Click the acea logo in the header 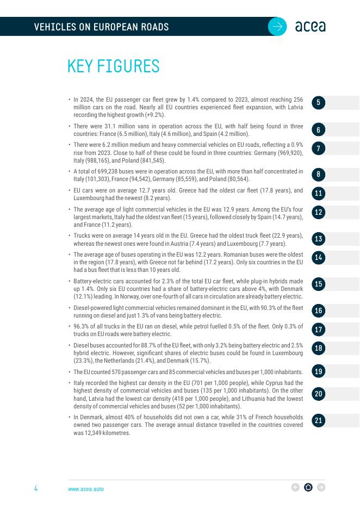click(310, 27)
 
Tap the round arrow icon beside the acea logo click(277, 27)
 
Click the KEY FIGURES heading click(113, 66)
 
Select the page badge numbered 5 click(319, 102)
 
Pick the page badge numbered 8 click(319, 175)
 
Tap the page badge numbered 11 click(319, 194)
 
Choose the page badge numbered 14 click(319, 258)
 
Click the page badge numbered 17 click(319, 330)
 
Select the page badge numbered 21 click(319, 420)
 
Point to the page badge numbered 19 click(319, 372)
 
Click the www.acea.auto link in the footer click(86, 489)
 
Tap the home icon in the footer click(308, 487)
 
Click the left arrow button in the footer click(295, 487)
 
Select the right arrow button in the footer click(321, 487)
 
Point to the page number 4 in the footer click(36, 488)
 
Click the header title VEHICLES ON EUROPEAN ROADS click(101, 27)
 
